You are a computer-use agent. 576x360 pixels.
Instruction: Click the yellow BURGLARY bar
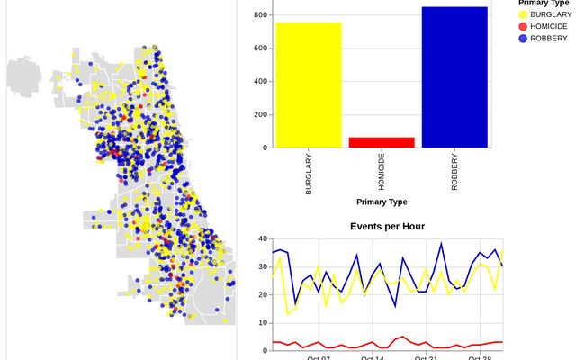[309, 85]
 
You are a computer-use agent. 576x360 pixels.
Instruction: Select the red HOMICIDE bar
[382, 142]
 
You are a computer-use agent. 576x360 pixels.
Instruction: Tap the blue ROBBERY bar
[454, 77]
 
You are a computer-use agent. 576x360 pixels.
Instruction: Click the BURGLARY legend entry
[550, 15]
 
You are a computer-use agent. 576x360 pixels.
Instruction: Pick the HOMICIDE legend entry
[548, 27]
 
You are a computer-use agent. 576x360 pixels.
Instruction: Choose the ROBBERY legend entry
[548, 39]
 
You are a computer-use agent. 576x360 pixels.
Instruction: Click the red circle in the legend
[523, 27]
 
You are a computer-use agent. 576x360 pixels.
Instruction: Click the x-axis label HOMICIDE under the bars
[382, 174]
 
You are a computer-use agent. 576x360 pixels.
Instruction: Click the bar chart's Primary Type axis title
[382, 202]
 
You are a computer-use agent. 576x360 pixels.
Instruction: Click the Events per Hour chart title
[387, 226]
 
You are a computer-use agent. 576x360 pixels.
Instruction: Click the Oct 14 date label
[373, 357]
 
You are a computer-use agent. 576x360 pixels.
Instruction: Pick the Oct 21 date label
[427, 357]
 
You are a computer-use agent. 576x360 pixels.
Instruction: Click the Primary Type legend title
[544, 4]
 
